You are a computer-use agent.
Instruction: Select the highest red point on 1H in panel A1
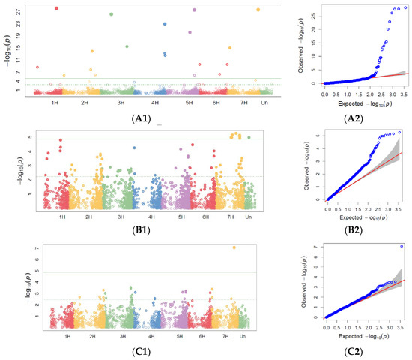pyautogui.click(x=57, y=8)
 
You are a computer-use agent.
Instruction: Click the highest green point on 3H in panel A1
pyautogui.click(x=111, y=14)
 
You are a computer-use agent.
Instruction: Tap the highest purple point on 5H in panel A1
pyautogui.click(x=194, y=10)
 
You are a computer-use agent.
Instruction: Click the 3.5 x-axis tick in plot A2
pyautogui.click(x=405, y=95)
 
